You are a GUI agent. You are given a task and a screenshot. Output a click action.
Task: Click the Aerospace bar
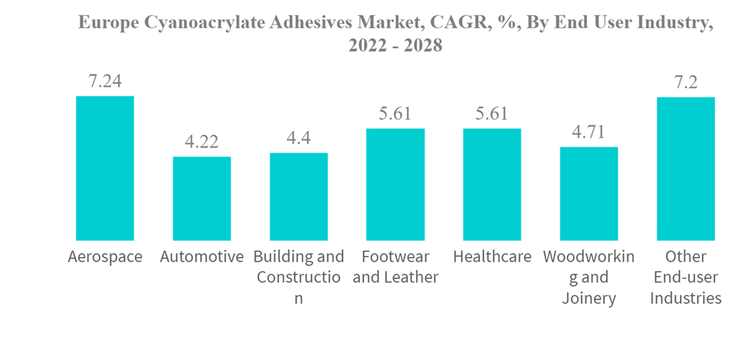105,168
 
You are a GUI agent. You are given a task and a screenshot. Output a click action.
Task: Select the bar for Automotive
202,198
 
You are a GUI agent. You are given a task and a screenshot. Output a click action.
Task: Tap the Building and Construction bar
299,196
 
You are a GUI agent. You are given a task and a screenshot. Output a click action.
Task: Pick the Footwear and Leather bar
396,184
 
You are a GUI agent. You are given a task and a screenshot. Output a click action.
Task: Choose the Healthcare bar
492,184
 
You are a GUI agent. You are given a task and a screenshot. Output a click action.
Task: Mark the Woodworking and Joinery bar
589,193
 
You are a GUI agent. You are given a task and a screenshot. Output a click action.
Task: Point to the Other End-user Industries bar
685,168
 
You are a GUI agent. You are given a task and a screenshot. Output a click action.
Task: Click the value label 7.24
105,81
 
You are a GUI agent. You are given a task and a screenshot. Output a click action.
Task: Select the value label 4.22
202,142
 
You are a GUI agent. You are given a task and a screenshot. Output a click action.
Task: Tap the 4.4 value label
299,139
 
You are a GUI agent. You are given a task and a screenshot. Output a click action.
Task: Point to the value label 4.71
589,132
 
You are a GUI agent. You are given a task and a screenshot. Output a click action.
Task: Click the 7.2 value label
685,82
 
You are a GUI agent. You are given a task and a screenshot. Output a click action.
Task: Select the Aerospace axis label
105,257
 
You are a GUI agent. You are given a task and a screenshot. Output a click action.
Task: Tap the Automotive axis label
202,257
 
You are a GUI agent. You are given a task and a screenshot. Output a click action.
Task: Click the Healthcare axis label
492,257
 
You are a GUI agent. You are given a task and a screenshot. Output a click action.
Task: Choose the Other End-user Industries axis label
685,277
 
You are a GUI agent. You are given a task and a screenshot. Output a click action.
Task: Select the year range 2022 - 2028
396,45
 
